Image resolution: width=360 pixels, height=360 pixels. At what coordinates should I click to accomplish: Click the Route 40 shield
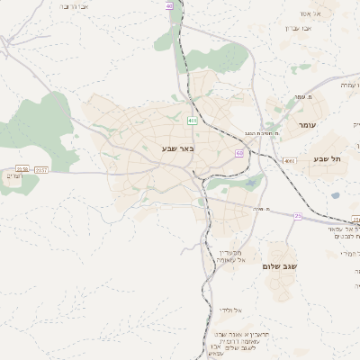(x=169, y=6)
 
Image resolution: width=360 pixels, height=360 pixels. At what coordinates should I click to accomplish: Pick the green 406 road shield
(x=192, y=120)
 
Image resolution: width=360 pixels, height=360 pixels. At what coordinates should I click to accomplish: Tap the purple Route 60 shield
(x=239, y=153)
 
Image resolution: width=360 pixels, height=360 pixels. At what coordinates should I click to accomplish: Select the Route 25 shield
(x=297, y=215)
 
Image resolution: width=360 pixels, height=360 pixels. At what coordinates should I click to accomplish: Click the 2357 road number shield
(x=41, y=168)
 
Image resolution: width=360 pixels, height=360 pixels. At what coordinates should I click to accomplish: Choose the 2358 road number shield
(x=22, y=168)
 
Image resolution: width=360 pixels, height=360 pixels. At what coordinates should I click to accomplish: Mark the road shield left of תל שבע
(x=289, y=161)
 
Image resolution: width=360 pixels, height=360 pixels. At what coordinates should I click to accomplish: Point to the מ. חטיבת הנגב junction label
(x=263, y=133)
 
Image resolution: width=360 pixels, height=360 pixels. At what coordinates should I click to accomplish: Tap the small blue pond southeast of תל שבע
(x=336, y=195)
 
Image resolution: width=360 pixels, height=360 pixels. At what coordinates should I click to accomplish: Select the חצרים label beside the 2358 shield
(x=13, y=175)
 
